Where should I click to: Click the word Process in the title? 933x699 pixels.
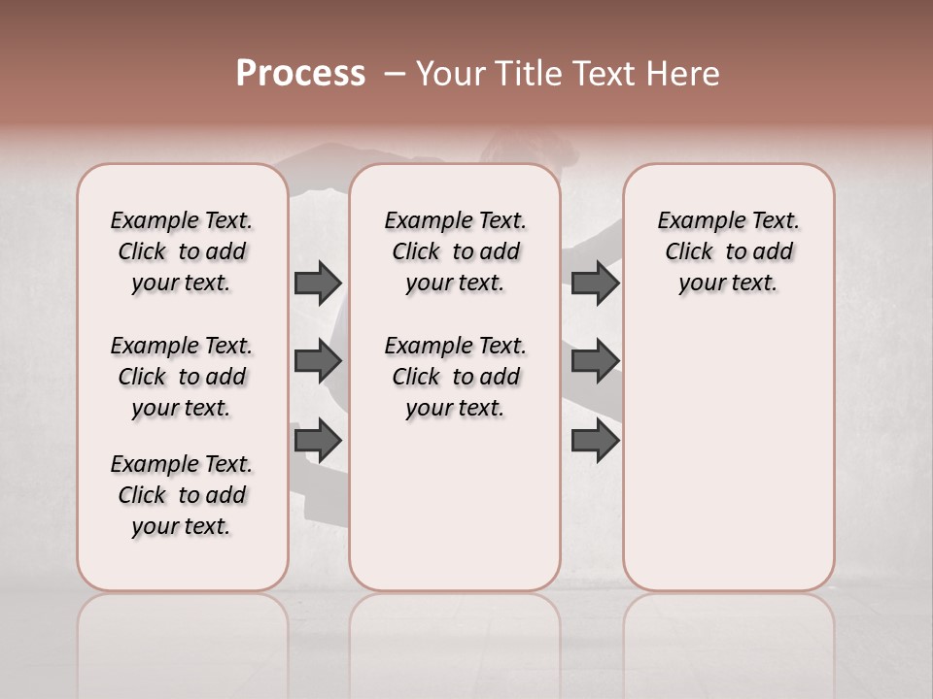[x=300, y=74]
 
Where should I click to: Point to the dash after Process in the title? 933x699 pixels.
[x=394, y=75]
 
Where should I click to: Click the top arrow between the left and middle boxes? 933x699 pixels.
[x=318, y=283]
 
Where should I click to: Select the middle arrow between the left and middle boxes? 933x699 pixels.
[x=318, y=362]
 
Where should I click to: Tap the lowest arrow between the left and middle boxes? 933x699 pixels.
[x=318, y=441]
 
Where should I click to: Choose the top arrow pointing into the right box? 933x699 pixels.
[x=595, y=283]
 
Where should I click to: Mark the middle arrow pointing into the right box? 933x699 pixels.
[x=595, y=362]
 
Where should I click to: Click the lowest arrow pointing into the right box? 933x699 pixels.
[x=595, y=441]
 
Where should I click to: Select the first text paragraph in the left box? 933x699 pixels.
[x=182, y=251]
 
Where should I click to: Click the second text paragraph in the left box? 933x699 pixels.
[x=182, y=377]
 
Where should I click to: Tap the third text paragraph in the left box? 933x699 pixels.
[x=182, y=495]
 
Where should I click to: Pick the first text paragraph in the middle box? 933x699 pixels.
[x=455, y=251]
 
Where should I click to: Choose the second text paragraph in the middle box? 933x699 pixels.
[x=455, y=377]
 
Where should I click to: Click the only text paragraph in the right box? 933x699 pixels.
[x=729, y=251]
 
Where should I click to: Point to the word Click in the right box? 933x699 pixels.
[x=689, y=252]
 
